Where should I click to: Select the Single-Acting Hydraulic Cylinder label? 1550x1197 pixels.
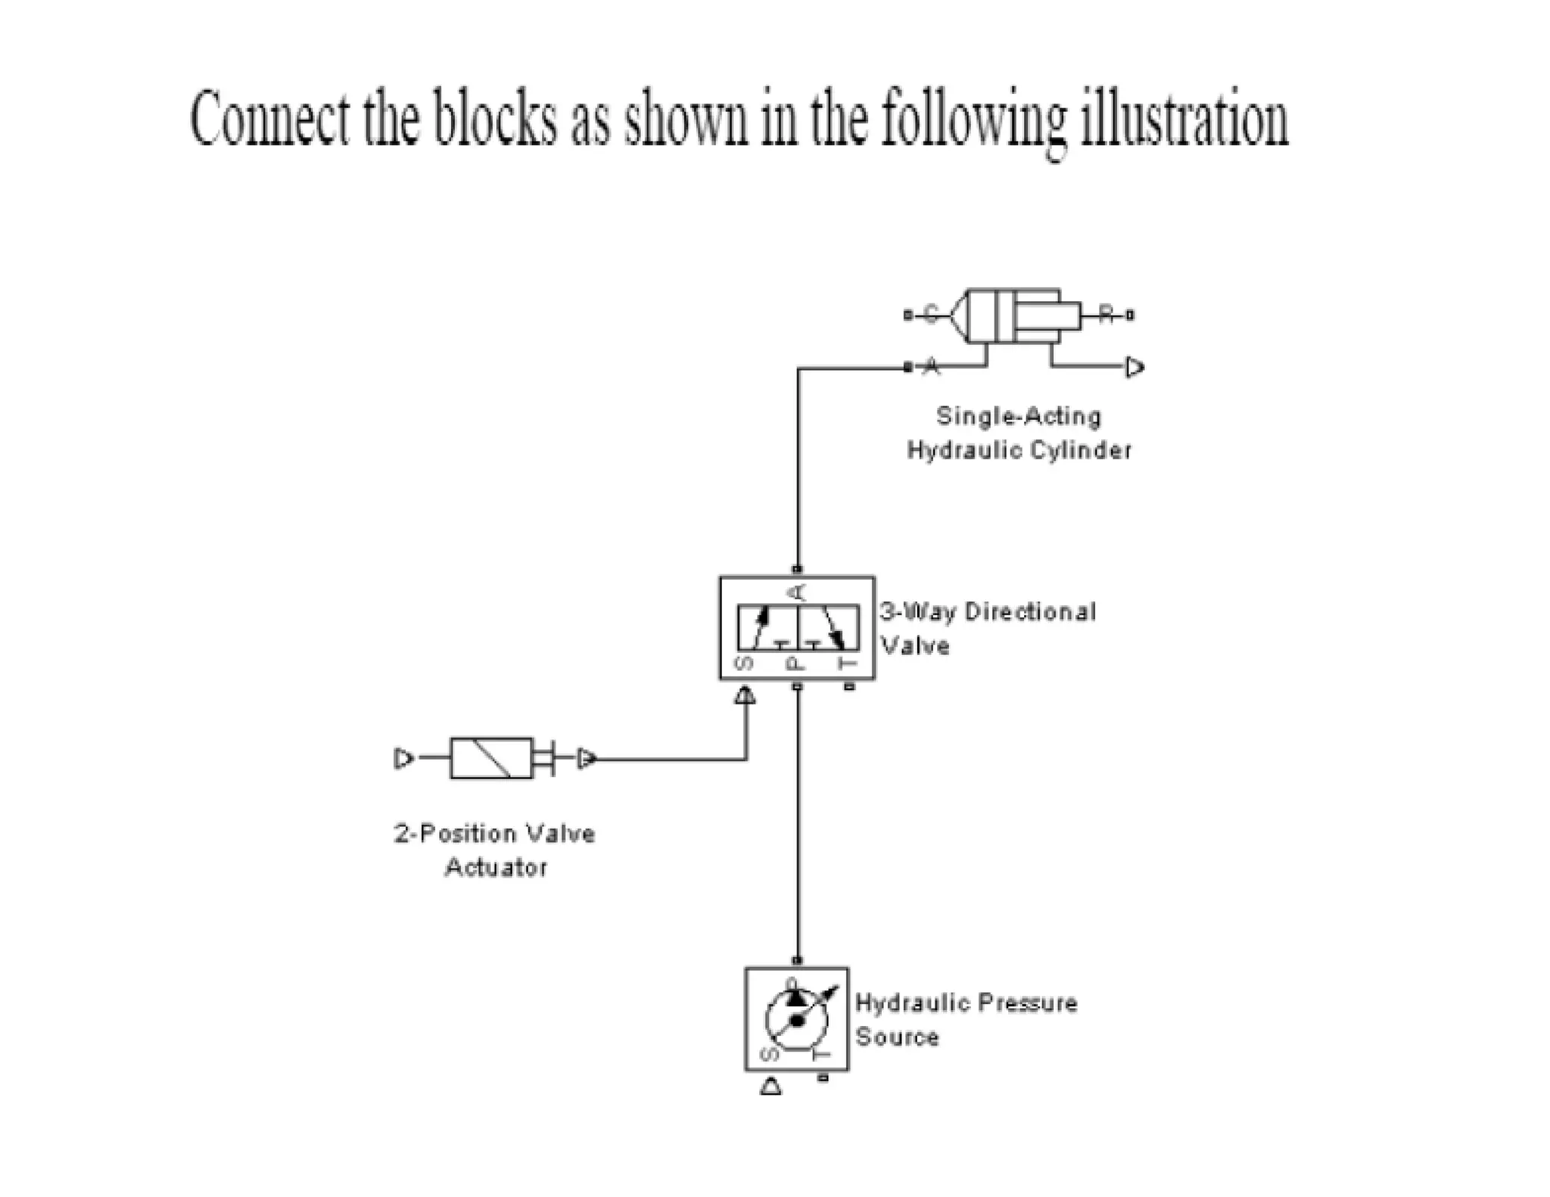pyautogui.click(x=1019, y=433)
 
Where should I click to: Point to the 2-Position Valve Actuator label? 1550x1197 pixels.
pyautogui.click(x=495, y=850)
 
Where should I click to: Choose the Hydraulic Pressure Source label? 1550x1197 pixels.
pyautogui.click(x=966, y=1019)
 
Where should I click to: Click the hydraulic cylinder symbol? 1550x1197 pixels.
pyautogui.click(x=1014, y=316)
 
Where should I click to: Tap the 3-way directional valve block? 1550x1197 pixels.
pyautogui.click(x=797, y=627)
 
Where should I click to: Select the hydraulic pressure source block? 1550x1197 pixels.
pyautogui.click(x=796, y=1018)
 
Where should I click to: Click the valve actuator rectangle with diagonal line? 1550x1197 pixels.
pyautogui.click(x=491, y=757)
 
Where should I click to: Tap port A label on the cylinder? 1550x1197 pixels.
pyautogui.click(x=932, y=367)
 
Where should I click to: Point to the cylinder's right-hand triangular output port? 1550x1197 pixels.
pyautogui.click(x=1134, y=368)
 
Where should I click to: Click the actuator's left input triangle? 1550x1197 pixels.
pyautogui.click(x=403, y=757)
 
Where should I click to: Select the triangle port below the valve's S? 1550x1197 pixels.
pyautogui.click(x=745, y=695)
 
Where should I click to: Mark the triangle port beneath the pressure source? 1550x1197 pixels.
pyautogui.click(x=770, y=1087)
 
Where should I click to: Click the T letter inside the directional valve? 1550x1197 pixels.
pyautogui.click(x=849, y=663)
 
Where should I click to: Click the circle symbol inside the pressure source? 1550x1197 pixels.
pyautogui.click(x=796, y=1021)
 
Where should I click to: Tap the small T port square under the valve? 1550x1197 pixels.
pyautogui.click(x=849, y=687)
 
